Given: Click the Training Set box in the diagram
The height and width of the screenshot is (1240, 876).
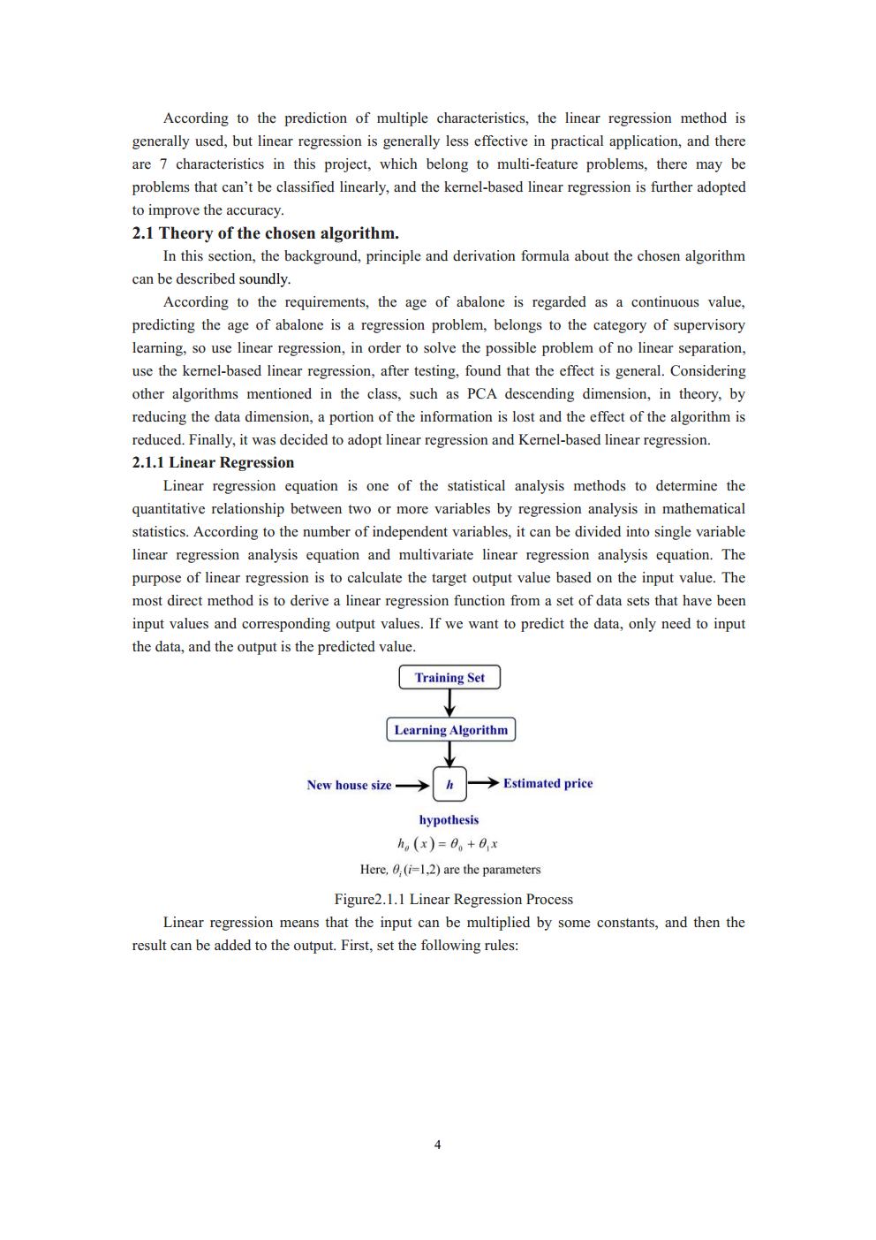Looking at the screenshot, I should (x=449, y=678).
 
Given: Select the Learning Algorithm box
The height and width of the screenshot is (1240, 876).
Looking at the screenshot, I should (x=450, y=730).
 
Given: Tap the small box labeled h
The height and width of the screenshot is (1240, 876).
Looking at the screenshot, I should (x=449, y=784).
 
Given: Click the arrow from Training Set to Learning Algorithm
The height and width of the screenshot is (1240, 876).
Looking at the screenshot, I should (x=449, y=703).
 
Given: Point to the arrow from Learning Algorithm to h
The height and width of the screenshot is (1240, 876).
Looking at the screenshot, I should (x=449, y=754).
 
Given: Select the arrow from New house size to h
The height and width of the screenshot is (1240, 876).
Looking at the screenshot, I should (x=412, y=785).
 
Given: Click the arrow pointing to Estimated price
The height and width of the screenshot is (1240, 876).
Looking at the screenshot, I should (x=483, y=783).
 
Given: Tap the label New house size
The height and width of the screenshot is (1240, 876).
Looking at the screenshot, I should (x=349, y=785).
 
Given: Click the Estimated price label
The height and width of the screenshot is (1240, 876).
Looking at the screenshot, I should (x=547, y=783).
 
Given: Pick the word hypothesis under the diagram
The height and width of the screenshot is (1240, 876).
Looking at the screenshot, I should (x=449, y=820).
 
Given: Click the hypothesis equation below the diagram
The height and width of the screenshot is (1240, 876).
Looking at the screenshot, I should (x=448, y=843).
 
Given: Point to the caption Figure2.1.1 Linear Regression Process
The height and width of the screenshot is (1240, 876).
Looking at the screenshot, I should (x=453, y=899).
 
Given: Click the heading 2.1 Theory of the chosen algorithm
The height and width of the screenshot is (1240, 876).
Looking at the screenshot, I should (x=265, y=233).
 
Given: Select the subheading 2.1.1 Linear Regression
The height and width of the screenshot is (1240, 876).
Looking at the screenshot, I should (x=213, y=462).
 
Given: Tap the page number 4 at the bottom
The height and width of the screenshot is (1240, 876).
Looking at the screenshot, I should (x=438, y=1145).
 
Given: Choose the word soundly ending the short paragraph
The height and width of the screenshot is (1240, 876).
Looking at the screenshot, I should (x=264, y=279).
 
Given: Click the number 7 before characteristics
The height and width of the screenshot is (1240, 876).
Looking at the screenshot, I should (x=162, y=164).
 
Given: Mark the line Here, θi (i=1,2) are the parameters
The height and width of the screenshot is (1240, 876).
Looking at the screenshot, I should (x=450, y=870).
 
